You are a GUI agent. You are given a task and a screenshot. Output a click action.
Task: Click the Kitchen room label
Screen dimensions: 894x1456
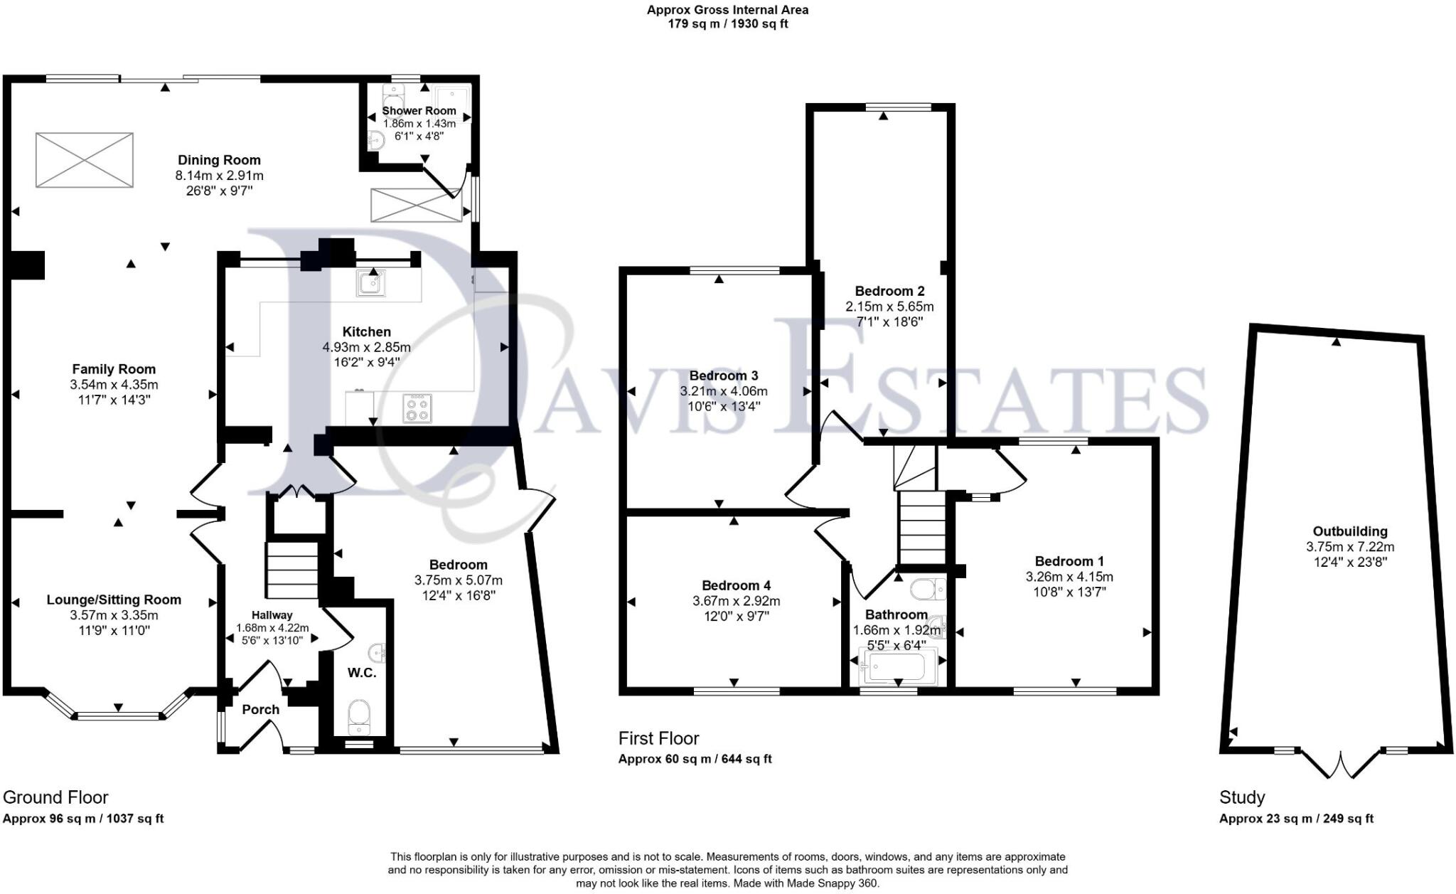(366, 331)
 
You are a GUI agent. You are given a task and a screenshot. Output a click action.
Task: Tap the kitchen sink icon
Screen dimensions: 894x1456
(370, 283)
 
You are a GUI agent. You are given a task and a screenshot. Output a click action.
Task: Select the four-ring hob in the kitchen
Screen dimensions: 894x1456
(417, 408)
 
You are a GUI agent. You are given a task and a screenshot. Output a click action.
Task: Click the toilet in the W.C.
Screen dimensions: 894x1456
(360, 715)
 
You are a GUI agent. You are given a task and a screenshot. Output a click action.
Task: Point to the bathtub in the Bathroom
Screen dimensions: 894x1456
(893, 666)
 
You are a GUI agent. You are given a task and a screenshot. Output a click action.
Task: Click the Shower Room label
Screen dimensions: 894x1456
(419, 111)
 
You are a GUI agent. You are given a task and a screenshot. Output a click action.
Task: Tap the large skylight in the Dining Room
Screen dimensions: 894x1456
(85, 160)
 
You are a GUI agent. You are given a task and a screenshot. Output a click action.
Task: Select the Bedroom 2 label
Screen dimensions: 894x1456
(889, 291)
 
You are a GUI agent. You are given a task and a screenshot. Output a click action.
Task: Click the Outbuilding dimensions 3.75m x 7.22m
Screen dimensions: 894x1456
(1349, 547)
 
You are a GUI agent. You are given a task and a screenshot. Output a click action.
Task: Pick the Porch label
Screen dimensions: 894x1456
(260, 709)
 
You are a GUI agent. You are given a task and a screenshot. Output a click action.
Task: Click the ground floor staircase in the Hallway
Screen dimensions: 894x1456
(291, 570)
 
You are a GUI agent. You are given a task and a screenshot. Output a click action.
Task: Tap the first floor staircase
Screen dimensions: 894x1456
(922, 526)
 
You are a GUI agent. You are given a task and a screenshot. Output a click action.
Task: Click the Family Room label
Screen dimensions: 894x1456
(114, 369)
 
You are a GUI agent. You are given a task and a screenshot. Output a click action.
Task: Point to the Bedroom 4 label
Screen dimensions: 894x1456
(736, 585)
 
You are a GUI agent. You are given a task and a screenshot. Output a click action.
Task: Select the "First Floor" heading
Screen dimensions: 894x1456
(658, 738)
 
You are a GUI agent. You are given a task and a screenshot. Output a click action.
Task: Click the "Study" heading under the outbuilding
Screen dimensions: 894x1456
(1241, 797)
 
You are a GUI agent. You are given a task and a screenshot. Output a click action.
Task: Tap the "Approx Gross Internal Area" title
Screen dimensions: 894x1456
(727, 10)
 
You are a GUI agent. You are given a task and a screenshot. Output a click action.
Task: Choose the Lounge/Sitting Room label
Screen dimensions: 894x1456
(114, 600)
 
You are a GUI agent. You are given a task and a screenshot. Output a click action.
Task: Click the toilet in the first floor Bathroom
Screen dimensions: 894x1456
(925, 589)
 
